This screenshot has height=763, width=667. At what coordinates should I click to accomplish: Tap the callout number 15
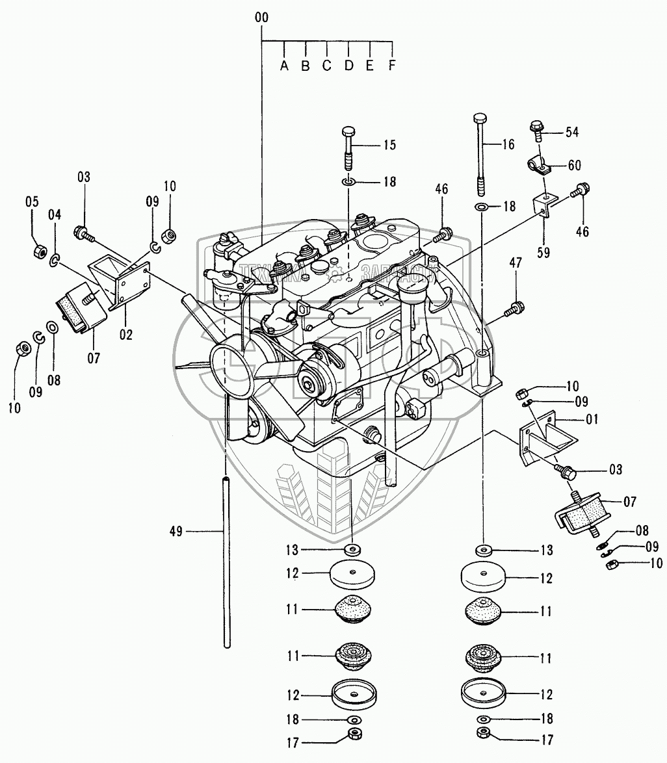[x=389, y=145]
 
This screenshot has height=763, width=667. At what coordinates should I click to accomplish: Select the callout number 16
[x=508, y=146]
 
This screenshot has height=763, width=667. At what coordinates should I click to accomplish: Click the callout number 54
[x=572, y=133]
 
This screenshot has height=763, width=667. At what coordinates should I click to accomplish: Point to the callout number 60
[x=575, y=165]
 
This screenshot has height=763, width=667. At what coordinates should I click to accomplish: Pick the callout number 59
[x=543, y=252]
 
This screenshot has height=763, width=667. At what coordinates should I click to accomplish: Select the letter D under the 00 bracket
[x=348, y=65]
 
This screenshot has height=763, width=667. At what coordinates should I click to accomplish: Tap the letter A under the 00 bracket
[x=284, y=65]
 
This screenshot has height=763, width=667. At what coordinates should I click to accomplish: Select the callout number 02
[x=126, y=335]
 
